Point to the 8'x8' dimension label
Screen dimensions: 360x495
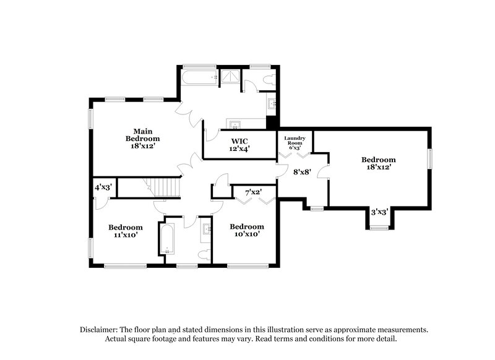click(302, 171)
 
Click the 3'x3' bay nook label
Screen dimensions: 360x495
click(379, 212)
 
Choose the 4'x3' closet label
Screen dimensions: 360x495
click(102, 187)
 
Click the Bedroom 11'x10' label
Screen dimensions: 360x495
click(126, 231)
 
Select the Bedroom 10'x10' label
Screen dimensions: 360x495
click(246, 230)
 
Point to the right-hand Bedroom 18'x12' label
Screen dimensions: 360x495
click(378, 163)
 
